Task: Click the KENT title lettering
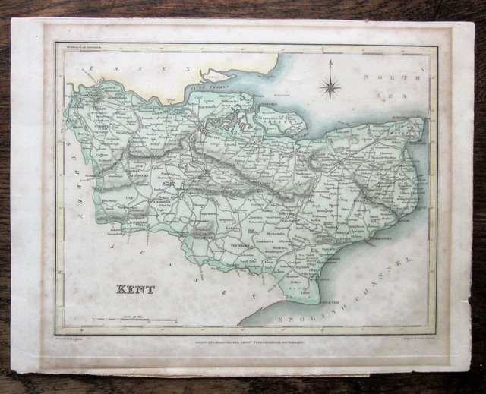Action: click(x=135, y=289)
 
